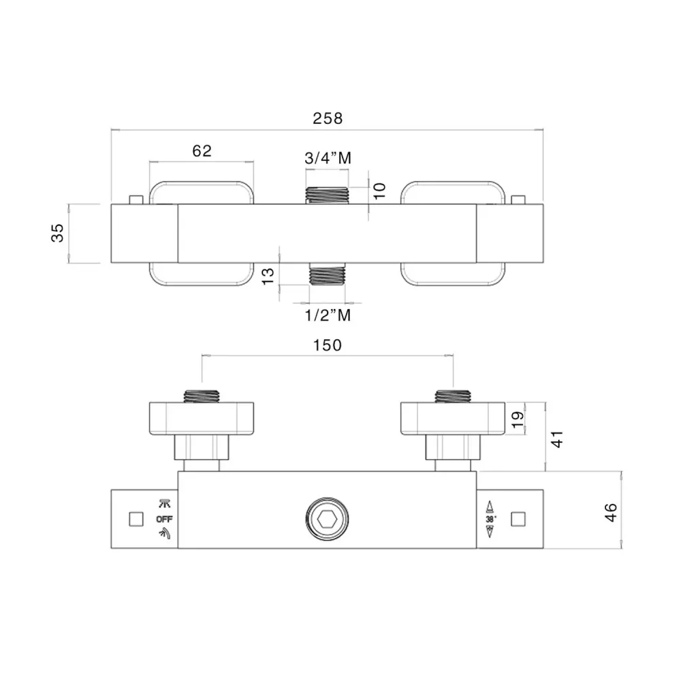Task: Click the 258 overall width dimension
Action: [x=328, y=118]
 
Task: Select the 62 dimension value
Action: [x=202, y=151]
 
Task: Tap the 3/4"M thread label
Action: [x=328, y=158]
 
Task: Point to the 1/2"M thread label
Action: [x=328, y=315]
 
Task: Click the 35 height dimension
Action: [x=57, y=233]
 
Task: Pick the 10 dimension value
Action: [x=379, y=191]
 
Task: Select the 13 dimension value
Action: [x=268, y=276]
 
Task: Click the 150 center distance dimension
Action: [x=328, y=345]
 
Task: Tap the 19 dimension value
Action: [x=518, y=419]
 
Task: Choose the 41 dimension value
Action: [x=557, y=439]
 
